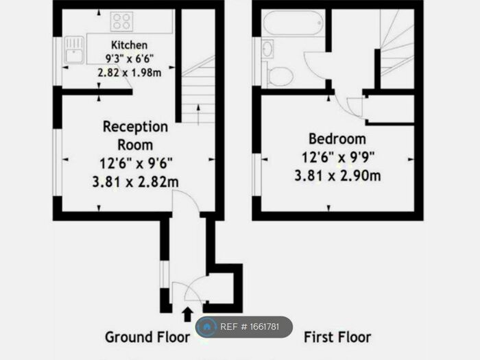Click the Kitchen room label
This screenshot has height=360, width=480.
130,45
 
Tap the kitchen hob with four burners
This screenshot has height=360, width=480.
121,21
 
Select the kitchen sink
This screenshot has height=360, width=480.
74,50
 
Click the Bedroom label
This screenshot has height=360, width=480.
337,138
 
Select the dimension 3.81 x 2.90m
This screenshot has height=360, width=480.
337,176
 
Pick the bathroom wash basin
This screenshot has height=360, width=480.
267,49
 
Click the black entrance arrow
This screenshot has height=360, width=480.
187,314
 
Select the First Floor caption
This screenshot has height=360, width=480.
337,337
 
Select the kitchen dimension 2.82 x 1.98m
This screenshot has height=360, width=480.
130,72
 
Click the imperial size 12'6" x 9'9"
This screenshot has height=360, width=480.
337,157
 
